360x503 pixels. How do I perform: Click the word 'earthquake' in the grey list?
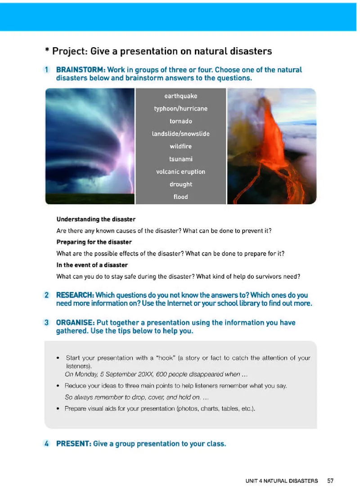180,96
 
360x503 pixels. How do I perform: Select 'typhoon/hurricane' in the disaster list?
180,108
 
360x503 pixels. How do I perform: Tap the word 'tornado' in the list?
180,121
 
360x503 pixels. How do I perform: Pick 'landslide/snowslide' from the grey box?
180,134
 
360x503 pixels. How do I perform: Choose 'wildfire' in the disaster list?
180,146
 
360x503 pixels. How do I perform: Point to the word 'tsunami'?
180,159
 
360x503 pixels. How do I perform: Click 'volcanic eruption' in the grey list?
180,171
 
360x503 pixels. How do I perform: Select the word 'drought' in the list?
180,184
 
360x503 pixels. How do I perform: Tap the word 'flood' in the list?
180,197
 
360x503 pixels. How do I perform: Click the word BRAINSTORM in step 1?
80,70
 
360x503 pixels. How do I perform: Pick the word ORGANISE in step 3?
75,323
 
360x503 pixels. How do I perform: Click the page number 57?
331,481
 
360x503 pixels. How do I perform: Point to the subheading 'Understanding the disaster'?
96,220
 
